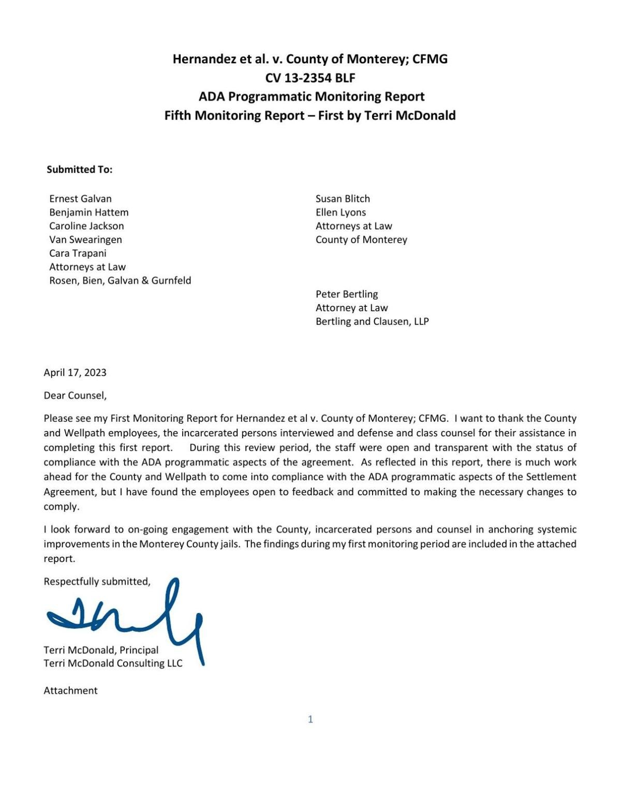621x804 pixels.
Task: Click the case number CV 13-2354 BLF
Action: point(310,78)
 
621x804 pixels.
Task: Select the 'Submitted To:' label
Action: point(79,170)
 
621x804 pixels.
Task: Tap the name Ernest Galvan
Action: point(80,199)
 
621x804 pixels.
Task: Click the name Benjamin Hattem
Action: point(89,212)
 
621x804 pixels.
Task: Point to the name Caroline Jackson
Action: point(86,226)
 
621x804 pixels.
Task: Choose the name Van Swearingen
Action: point(85,240)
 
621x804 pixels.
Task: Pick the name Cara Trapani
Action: point(78,253)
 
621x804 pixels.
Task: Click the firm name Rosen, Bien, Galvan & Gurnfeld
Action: point(120,280)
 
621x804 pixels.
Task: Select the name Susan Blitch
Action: point(343,199)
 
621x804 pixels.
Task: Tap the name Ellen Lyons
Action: point(341,212)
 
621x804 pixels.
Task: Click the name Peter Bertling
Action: point(347,294)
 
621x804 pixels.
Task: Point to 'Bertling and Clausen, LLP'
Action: point(372,321)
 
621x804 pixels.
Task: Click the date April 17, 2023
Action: point(75,373)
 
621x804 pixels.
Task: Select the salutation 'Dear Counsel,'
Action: point(75,395)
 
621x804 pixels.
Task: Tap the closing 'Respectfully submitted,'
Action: point(97,582)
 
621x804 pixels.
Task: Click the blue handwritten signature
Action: point(129,618)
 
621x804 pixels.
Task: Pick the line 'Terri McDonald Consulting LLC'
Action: point(113,663)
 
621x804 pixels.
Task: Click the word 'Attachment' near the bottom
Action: point(70,691)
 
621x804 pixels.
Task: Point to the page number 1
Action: point(310,719)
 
